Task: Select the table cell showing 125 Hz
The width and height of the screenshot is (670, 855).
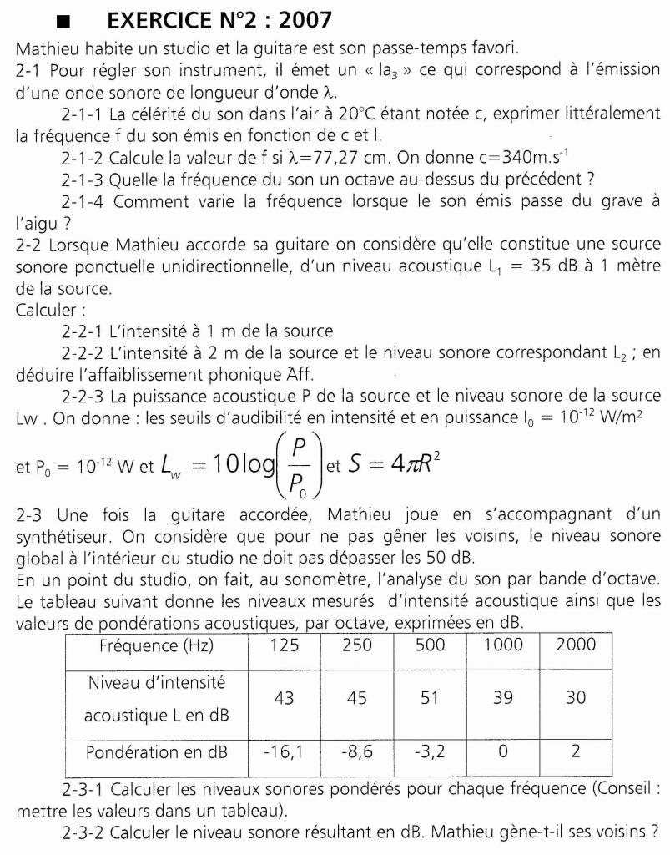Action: coord(284,644)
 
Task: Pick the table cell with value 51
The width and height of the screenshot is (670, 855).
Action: coord(430,697)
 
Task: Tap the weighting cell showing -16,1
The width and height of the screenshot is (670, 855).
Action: coord(284,751)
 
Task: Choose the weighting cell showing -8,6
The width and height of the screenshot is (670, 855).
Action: coord(356,751)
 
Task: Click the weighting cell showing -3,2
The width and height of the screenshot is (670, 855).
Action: coord(430,751)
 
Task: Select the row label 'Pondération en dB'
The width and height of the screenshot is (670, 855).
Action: coord(157,751)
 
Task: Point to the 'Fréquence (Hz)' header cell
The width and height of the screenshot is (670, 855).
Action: coord(157,645)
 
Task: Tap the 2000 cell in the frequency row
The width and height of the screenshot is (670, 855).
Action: coord(576,644)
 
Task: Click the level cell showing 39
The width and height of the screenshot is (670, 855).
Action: coord(503,697)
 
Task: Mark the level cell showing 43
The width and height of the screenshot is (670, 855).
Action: coord(284,697)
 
